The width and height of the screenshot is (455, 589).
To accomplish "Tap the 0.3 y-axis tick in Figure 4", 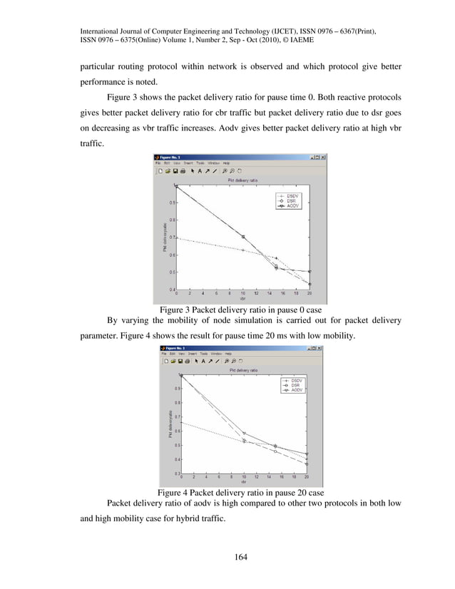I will click(x=176, y=473).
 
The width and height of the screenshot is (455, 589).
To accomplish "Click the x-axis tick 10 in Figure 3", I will click(x=243, y=293).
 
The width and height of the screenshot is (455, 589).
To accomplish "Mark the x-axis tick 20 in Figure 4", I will click(x=307, y=478).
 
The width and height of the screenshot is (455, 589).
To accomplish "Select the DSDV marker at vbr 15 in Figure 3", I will click(x=276, y=258).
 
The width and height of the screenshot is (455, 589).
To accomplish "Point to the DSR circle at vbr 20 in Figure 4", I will click(x=307, y=464).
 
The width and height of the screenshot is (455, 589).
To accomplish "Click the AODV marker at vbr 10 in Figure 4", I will click(x=244, y=433).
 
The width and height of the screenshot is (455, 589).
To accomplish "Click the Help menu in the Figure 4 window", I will click(x=228, y=354).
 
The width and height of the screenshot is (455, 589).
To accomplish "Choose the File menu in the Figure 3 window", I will click(x=158, y=163).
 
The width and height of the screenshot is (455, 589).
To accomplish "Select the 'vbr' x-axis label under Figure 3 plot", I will click(x=242, y=299).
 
